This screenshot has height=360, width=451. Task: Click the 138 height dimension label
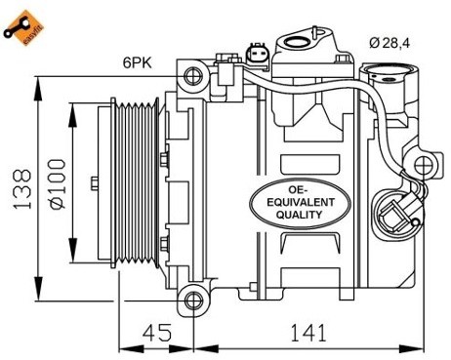pyautogui.click(x=22, y=189)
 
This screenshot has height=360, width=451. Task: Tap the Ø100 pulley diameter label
pyautogui.click(x=57, y=183)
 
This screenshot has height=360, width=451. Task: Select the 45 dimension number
pyautogui.click(x=157, y=333)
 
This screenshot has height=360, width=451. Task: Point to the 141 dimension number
pyautogui.click(x=307, y=333)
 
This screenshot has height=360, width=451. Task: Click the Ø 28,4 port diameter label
pyautogui.click(x=389, y=43)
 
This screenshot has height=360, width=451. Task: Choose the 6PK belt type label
pyautogui.click(x=138, y=62)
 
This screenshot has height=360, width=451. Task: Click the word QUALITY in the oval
pyautogui.click(x=299, y=215)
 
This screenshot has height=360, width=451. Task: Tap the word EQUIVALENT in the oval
pyautogui.click(x=301, y=202)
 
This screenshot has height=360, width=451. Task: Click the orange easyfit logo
pyautogui.click(x=23, y=28)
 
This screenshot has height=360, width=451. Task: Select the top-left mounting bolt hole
pyautogui.click(x=193, y=76)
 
